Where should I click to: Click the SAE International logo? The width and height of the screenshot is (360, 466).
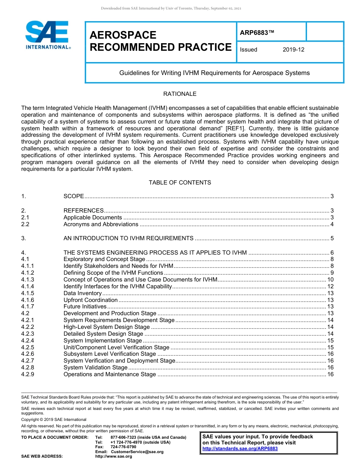pyautogui.click(x=47, y=35)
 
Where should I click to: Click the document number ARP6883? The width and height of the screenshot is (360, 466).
pyautogui.click(x=257, y=33)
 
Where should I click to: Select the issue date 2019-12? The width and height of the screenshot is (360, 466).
pyautogui.click(x=293, y=50)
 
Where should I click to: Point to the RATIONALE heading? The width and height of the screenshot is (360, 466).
pyautogui.click(x=180, y=94)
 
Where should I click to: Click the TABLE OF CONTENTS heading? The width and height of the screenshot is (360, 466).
pyautogui.click(x=180, y=183)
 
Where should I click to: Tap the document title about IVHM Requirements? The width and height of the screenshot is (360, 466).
pyautogui.click(x=214, y=73)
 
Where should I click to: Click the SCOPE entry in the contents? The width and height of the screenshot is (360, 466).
pyautogui.click(x=74, y=196)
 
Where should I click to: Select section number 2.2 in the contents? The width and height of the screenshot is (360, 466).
pyautogui.click(x=25, y=224)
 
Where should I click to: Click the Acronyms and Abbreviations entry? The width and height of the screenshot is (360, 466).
pyautogui.click(x=101, y=224)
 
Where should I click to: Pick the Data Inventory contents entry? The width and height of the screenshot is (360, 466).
pyautogui.click(x=82, y=293)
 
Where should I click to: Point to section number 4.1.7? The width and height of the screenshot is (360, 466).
pyautogui.click(x=28, y=306)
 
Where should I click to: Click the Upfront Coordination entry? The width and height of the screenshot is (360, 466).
pyautogui.click(x=91, y=300)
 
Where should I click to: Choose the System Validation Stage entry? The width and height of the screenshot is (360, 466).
pyautogui.click(x=95, y=367)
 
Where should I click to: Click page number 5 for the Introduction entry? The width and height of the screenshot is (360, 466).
pyautogui.click(x=332, y=238)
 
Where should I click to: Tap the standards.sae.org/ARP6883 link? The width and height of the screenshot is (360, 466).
pyautogui.click(x=240, y=449)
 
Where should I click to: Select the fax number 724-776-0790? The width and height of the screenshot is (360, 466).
pyautogui.click(x=123, y=447)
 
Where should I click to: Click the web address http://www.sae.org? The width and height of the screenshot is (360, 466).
pyautogui.click(x=114, y=456)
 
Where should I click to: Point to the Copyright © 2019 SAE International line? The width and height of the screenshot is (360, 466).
pyautogui.click(x=54, y=419)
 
